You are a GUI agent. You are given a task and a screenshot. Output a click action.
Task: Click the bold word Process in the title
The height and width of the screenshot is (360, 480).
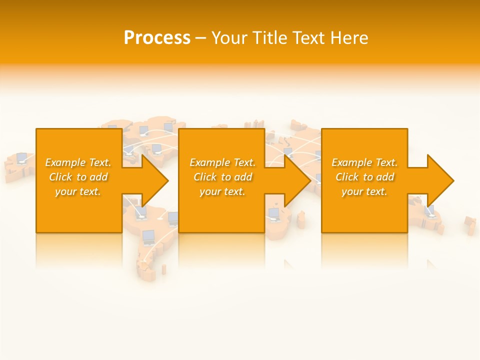pyautogui.click(x=157, y=38)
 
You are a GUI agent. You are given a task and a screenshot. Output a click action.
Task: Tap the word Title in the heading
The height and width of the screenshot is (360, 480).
pyautogui.click(x=269, y=38)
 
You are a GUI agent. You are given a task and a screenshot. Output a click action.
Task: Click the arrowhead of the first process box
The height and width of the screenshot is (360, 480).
pyautogui.click(x=155, y=180)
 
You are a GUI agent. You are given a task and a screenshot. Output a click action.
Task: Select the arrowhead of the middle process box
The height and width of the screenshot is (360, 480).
pyautogui.click(x=297, y=180)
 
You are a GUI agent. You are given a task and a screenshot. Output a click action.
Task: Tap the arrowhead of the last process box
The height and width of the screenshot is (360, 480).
pyautogui.click(x=440, y=180)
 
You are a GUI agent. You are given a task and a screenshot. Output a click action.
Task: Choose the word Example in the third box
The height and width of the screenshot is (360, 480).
pyautogui.click(x=352, y=162)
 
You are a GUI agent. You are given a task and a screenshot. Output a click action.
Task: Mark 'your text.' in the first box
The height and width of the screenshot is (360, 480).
pyautogui.click(x=77, y=191)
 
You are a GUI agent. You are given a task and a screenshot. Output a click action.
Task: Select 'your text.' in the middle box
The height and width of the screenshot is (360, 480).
pyautogui.click(x=222, y=191)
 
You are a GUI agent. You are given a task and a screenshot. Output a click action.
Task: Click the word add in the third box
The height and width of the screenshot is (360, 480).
pyautogui.click(x=385, y=177)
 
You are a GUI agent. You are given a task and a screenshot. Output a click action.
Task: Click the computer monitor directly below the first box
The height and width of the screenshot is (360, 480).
pyautogui.click(x=148, y=236)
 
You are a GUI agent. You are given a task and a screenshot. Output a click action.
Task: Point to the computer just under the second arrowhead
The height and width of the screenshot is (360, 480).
pyautogui.click(x=273, y=214)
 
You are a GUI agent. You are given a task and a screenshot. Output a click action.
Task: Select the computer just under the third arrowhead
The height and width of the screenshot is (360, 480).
pyautogui.click(x=429, y=210)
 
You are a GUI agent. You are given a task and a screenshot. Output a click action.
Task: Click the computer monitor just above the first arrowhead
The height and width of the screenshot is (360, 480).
pyautogui.click(x=156, y=149)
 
